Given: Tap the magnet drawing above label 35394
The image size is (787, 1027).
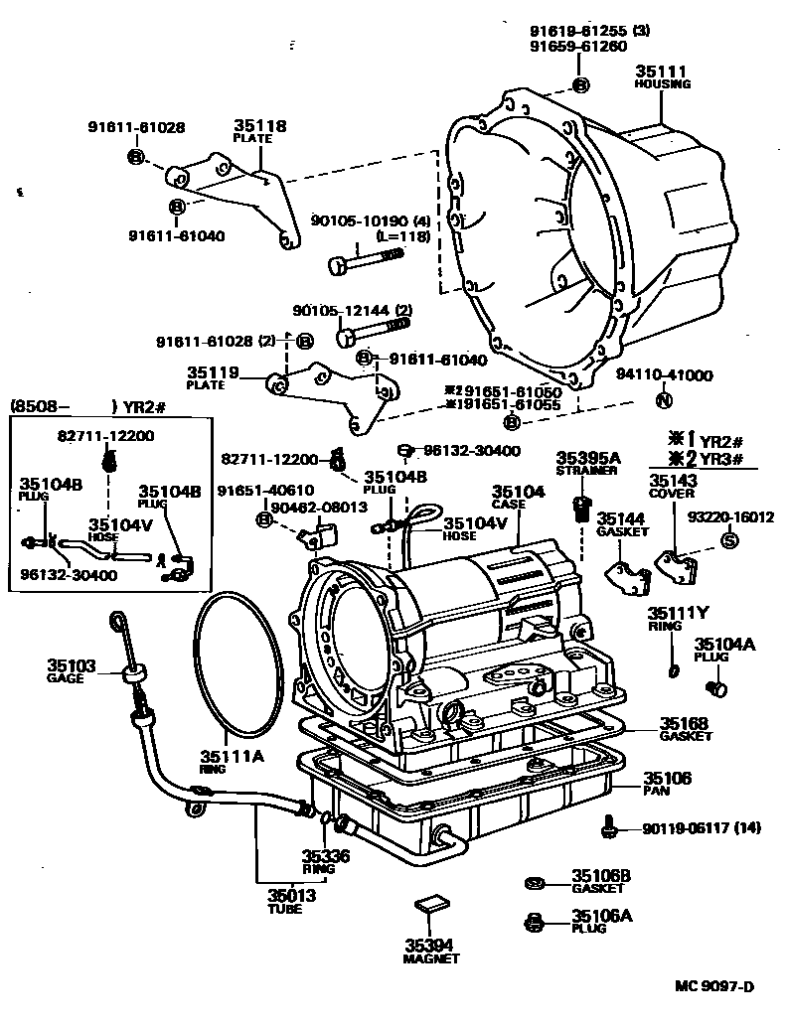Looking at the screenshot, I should click(x=428, y=902).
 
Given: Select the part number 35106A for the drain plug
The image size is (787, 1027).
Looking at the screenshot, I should click(x=601, y=916).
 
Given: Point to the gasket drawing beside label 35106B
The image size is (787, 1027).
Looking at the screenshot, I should click(x=534, y=882).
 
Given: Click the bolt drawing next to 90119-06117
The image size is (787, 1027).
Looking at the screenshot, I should click(x=609, y=826).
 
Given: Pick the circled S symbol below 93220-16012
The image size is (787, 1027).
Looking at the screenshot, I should click(x=728, y=541).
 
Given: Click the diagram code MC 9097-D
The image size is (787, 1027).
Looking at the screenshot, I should click(x=714, y=985).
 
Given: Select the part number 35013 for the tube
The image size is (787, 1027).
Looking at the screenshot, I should click(x=290, y=895).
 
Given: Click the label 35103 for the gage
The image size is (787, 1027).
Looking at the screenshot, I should click(x=71, y=664).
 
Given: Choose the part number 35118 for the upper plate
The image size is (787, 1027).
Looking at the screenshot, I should click(x=259, y=126).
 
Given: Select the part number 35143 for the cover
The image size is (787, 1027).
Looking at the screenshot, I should click(x=673, y=480).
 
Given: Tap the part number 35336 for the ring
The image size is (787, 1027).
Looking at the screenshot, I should click(x=326, y=855).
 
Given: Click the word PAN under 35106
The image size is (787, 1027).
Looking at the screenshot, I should click(x=657, y=792).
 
